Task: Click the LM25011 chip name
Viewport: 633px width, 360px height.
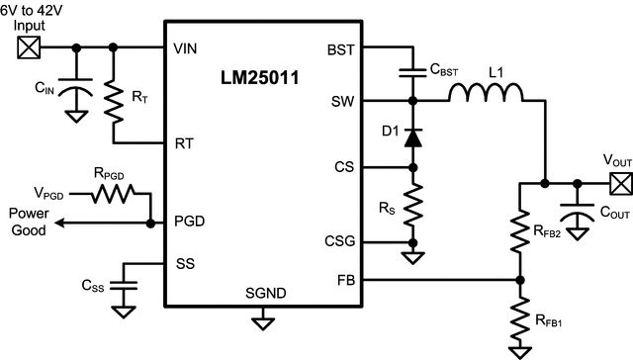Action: point(259,77)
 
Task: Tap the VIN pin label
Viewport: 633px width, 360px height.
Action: point(185,48)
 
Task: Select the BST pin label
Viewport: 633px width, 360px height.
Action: point(341,50)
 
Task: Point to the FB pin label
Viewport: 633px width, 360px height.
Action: point(346,280)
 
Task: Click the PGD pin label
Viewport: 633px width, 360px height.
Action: point(189,222)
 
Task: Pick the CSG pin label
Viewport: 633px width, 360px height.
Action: point(340,241)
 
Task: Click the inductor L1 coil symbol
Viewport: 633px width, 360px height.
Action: point(486,92)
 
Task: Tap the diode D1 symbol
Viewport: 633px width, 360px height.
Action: point(413,138)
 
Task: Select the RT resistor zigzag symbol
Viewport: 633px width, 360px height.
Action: point(114,101)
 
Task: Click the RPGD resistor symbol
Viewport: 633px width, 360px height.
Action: point(113,194)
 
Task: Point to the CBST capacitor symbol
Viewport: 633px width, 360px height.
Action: point(412,72)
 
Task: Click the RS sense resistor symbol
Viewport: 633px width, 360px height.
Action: point(413,205)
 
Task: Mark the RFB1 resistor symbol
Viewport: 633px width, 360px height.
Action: point(520,318)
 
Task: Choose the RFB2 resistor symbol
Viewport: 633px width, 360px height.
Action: point(520,231)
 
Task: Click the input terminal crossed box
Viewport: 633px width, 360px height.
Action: point(29,47)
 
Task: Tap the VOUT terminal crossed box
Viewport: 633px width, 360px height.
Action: point(621,184)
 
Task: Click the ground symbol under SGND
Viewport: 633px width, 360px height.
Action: point(263,323)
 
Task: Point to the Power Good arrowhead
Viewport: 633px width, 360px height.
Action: point(59,223)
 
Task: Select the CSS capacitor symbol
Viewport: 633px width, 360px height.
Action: point(124,286)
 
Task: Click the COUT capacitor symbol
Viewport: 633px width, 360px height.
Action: point(578,213)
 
